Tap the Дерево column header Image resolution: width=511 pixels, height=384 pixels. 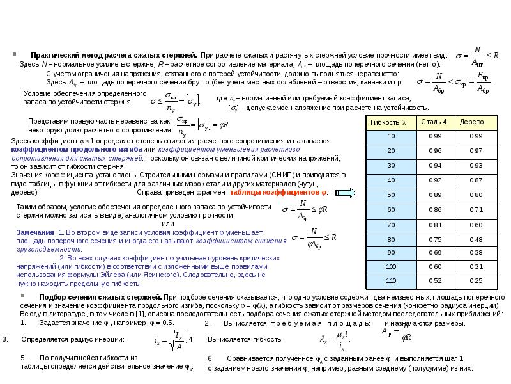pos(475,122)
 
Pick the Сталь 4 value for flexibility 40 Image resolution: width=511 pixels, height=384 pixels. pos(436,180)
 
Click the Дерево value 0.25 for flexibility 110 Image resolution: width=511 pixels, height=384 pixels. pos(476,280)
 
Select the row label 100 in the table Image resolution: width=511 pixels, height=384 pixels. pos(391,266)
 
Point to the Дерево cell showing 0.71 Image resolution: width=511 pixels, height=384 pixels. pos(476,209)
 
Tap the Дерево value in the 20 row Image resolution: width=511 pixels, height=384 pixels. pos(476,150)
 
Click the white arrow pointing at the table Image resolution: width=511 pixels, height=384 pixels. pos(346,193)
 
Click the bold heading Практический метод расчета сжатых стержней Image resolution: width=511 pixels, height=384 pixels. pos(114,56)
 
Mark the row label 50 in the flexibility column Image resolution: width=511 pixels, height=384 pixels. pos(391,195)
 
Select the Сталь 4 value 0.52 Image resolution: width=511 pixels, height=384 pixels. pos(436,280)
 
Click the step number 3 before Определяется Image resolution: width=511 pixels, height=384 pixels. pos(5,339)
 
